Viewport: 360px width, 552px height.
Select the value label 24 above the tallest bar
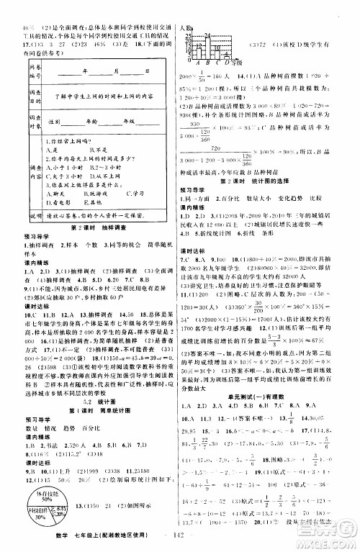coord(207,35)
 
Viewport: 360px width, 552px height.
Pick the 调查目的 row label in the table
coord(21,113)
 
